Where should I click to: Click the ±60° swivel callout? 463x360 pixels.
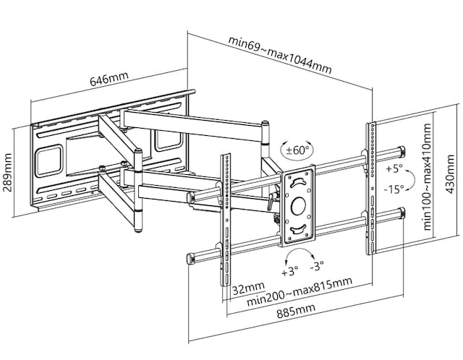pyautogui.click(x=296, y=150)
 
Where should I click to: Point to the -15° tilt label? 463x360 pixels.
pyautogui.click(x=394, y=191)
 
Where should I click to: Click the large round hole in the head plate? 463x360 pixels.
pyautogui.click(x=298, y=206)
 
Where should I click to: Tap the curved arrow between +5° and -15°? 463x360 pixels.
pyautogui.click(x=409, y=179)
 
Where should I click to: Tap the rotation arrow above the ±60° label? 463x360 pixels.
pyautogui.click(x=296, y=142)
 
